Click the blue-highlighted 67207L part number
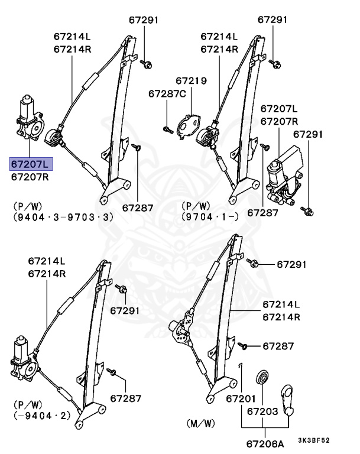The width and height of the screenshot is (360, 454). [30, 164]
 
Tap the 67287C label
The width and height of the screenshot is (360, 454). [167, 93]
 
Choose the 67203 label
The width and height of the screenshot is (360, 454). [262, 410]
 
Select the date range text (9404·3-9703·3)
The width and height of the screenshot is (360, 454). [62, 218]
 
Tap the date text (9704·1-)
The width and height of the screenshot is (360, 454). [210, 218]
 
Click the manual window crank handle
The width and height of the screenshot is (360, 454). [290, 398]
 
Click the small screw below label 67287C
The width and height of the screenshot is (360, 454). [167, 128]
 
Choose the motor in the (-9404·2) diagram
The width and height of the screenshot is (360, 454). [24, 361]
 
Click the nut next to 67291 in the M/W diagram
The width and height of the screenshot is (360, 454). [252, 262]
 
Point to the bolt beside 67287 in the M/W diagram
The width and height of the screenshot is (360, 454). [244, 345]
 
